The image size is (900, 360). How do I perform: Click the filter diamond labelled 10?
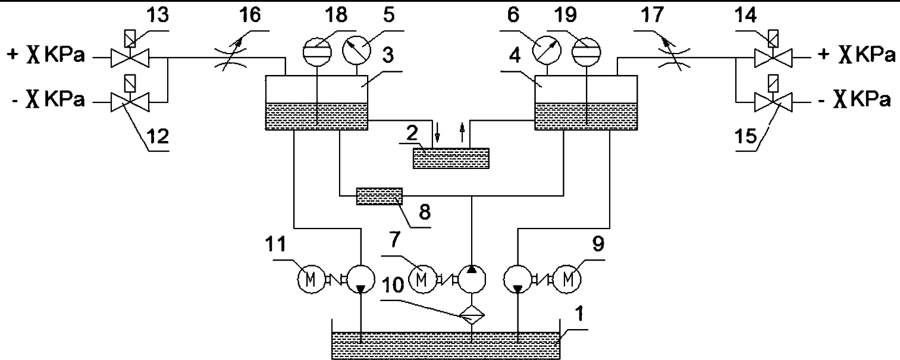pyautogui.click(x=471, y=314)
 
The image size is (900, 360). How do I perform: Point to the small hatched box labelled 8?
pyautogui.click(x=379, y=196)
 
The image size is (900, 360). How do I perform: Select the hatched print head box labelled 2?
pyautogui.click(x=451, y=158)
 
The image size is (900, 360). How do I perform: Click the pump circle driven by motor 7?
pyautogui.click(x=471, y=278)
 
